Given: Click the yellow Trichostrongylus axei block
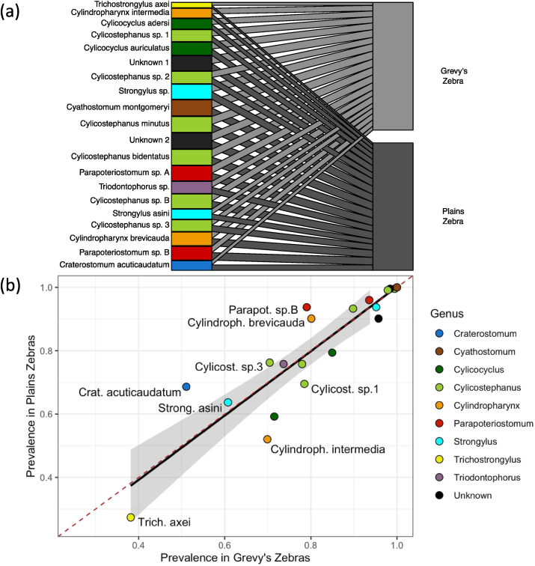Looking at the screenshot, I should pos(191,4).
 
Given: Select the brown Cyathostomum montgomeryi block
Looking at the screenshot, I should pos(191,108).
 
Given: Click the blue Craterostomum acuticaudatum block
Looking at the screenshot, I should pos(191,265).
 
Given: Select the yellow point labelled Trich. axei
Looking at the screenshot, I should pos(131,517).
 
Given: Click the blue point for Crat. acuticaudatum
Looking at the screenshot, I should pos(186,386).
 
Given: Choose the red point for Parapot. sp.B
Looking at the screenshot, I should pos(307,307).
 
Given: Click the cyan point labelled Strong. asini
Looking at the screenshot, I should pos(228,402).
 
